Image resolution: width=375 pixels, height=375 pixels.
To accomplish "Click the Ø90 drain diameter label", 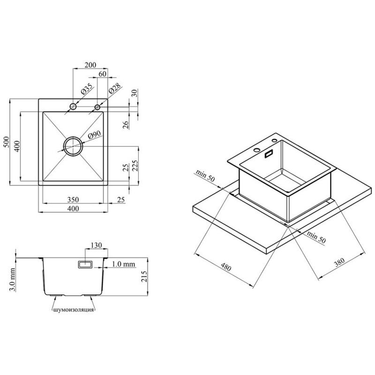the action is [x=95, y=135].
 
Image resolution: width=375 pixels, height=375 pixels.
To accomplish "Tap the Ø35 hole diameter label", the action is [x=87, y=89].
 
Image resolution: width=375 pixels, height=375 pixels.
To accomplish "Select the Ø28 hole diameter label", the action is [x=115, y=89].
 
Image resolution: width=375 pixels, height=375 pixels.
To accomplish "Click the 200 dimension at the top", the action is [x=90, y=65].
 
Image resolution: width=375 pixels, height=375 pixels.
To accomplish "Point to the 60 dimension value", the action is [x=102, y=74].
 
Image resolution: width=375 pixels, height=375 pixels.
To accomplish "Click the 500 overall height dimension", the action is [x=7, y=142].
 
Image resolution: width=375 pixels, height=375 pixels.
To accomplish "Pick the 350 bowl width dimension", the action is [x=73, y=200].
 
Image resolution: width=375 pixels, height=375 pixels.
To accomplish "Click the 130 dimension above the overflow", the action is [x=96, y=245].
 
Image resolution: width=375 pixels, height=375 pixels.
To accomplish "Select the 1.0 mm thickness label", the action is [x=123, y=264].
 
